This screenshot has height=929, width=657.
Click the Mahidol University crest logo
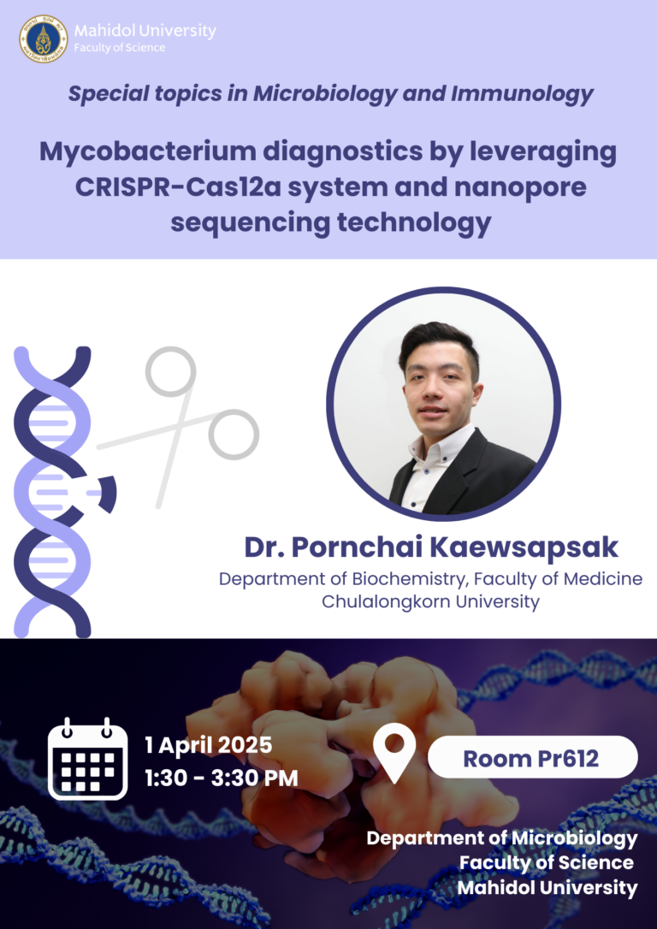pyautogui.click(x=43, y=38)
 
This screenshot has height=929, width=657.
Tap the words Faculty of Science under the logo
pyautogui.click(x=120, y=49)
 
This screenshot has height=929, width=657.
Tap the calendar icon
pyautogui.click(x=87, y=759)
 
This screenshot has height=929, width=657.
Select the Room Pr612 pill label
pyautogui.click(x=532, y=757)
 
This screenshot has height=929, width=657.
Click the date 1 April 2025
pyautogui.click(x=209, y=745)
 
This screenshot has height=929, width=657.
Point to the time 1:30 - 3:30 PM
pyautogui.click(x=222, y=778)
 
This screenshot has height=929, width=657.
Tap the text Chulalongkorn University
pyautogui.click(x=430, y=602)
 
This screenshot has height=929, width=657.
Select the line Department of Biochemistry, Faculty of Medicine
pyautogui.click(x=430, y=579)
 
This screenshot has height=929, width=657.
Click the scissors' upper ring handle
pyautogui.click(x=170, y=370)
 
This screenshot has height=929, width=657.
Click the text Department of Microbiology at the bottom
pyautogui.click(x=502, y=838)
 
